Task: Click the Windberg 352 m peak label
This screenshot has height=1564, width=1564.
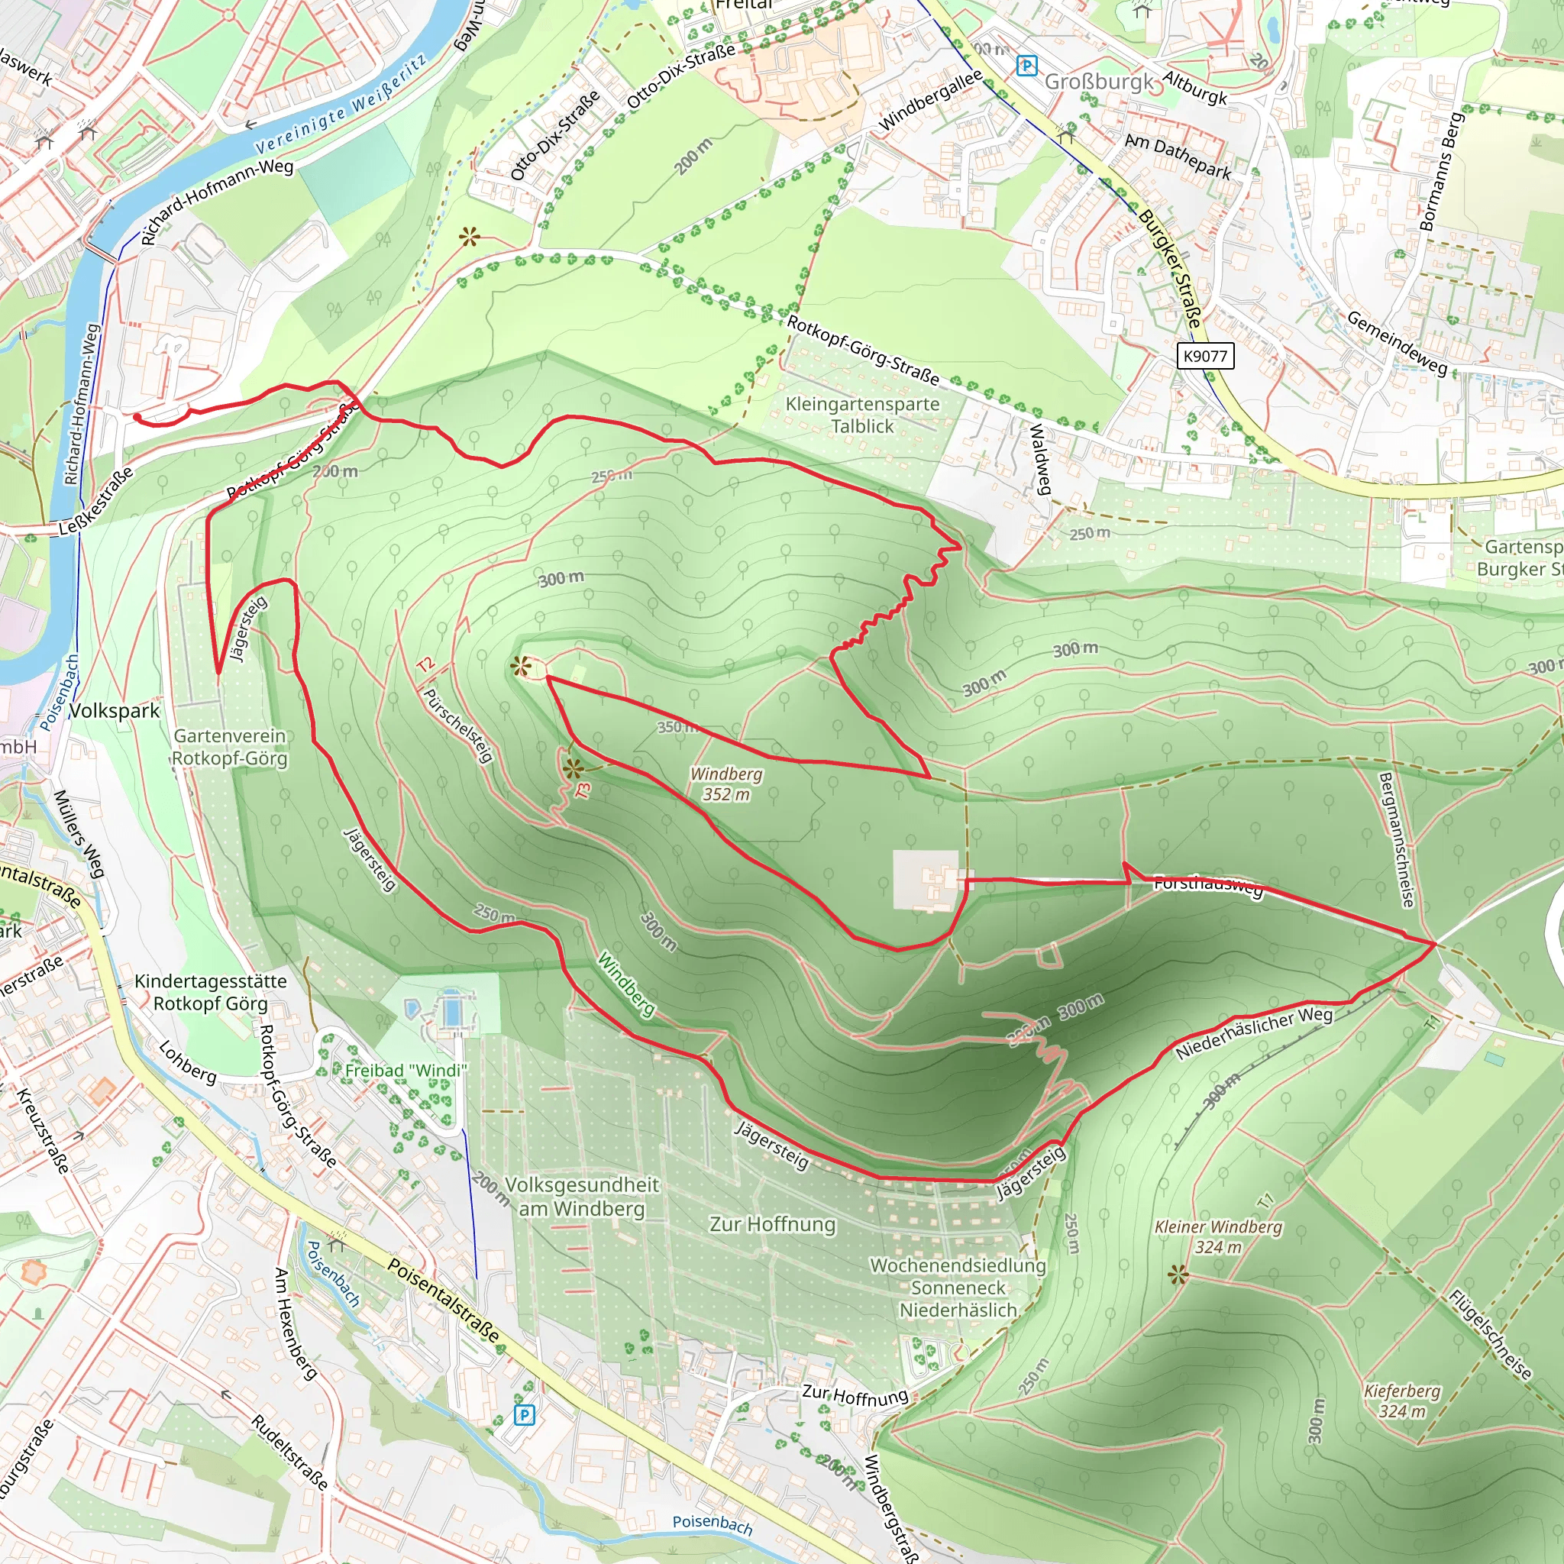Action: click(726, 784)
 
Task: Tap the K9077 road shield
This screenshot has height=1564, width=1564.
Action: click(1204, 356)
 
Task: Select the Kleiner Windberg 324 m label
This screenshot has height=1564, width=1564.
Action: click(1218, 1236)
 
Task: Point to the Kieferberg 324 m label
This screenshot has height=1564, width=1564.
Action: click(1402, 1401)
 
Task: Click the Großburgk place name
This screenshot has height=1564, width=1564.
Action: click(1100, 82)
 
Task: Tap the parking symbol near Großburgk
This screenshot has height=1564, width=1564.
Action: click(1026, 66)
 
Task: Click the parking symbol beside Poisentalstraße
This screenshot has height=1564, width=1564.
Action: click(525, 1415)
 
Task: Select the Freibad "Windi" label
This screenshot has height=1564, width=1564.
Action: click(406, 1070)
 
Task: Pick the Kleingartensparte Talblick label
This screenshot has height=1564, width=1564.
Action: click(862, 415)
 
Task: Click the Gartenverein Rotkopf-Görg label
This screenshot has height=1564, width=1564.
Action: click(230, 746)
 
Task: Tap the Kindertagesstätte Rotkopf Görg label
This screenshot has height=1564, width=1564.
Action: click(211, 992)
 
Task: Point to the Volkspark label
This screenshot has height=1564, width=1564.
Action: click(114, 711)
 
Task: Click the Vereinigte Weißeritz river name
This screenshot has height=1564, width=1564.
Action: click(341, 105)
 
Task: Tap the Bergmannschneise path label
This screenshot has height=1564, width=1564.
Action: click(1398, 839)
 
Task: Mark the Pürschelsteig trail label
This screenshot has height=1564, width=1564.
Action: click(458, 725)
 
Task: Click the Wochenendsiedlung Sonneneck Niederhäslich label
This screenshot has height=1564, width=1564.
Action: click(958, 1287)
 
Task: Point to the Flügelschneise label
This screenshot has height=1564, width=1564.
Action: click(1489, 1334)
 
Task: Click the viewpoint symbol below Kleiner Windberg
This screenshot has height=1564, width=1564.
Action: click(1178, 1275)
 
